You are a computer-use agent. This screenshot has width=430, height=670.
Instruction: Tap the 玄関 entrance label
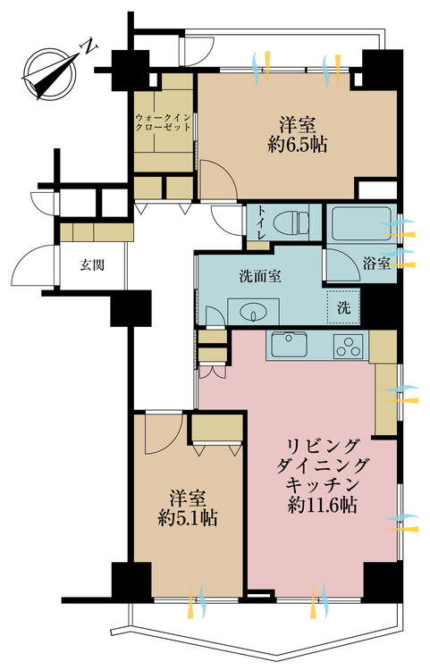pyautogui.click(x=87, y=265)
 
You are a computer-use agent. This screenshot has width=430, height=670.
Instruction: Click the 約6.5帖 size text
pyautogui.click(x=293, y=144)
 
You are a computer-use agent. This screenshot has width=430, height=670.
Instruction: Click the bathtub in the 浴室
pyautogui.click(x=358, y=220)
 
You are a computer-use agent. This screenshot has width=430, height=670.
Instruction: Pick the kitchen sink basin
pyautogui.click(x=288, y=344)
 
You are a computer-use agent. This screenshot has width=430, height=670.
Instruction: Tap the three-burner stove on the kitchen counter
pyautogui.click(x=346, y=346)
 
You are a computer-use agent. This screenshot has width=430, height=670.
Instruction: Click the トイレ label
pyautogui.click(x=259, y=222)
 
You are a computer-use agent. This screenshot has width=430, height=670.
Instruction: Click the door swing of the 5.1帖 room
pyautogui.click(x=161, y=434)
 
